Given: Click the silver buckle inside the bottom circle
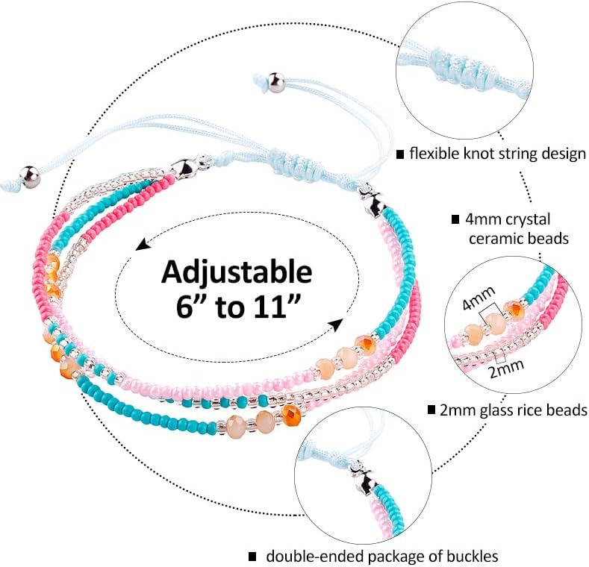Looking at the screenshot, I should click(x=363, y=472).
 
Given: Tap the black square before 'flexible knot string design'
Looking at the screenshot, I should click(x=400, y=154).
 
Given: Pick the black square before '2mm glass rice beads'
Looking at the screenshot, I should click(x=431, y=410).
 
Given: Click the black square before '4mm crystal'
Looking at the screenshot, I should click(x=455, y=220).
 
